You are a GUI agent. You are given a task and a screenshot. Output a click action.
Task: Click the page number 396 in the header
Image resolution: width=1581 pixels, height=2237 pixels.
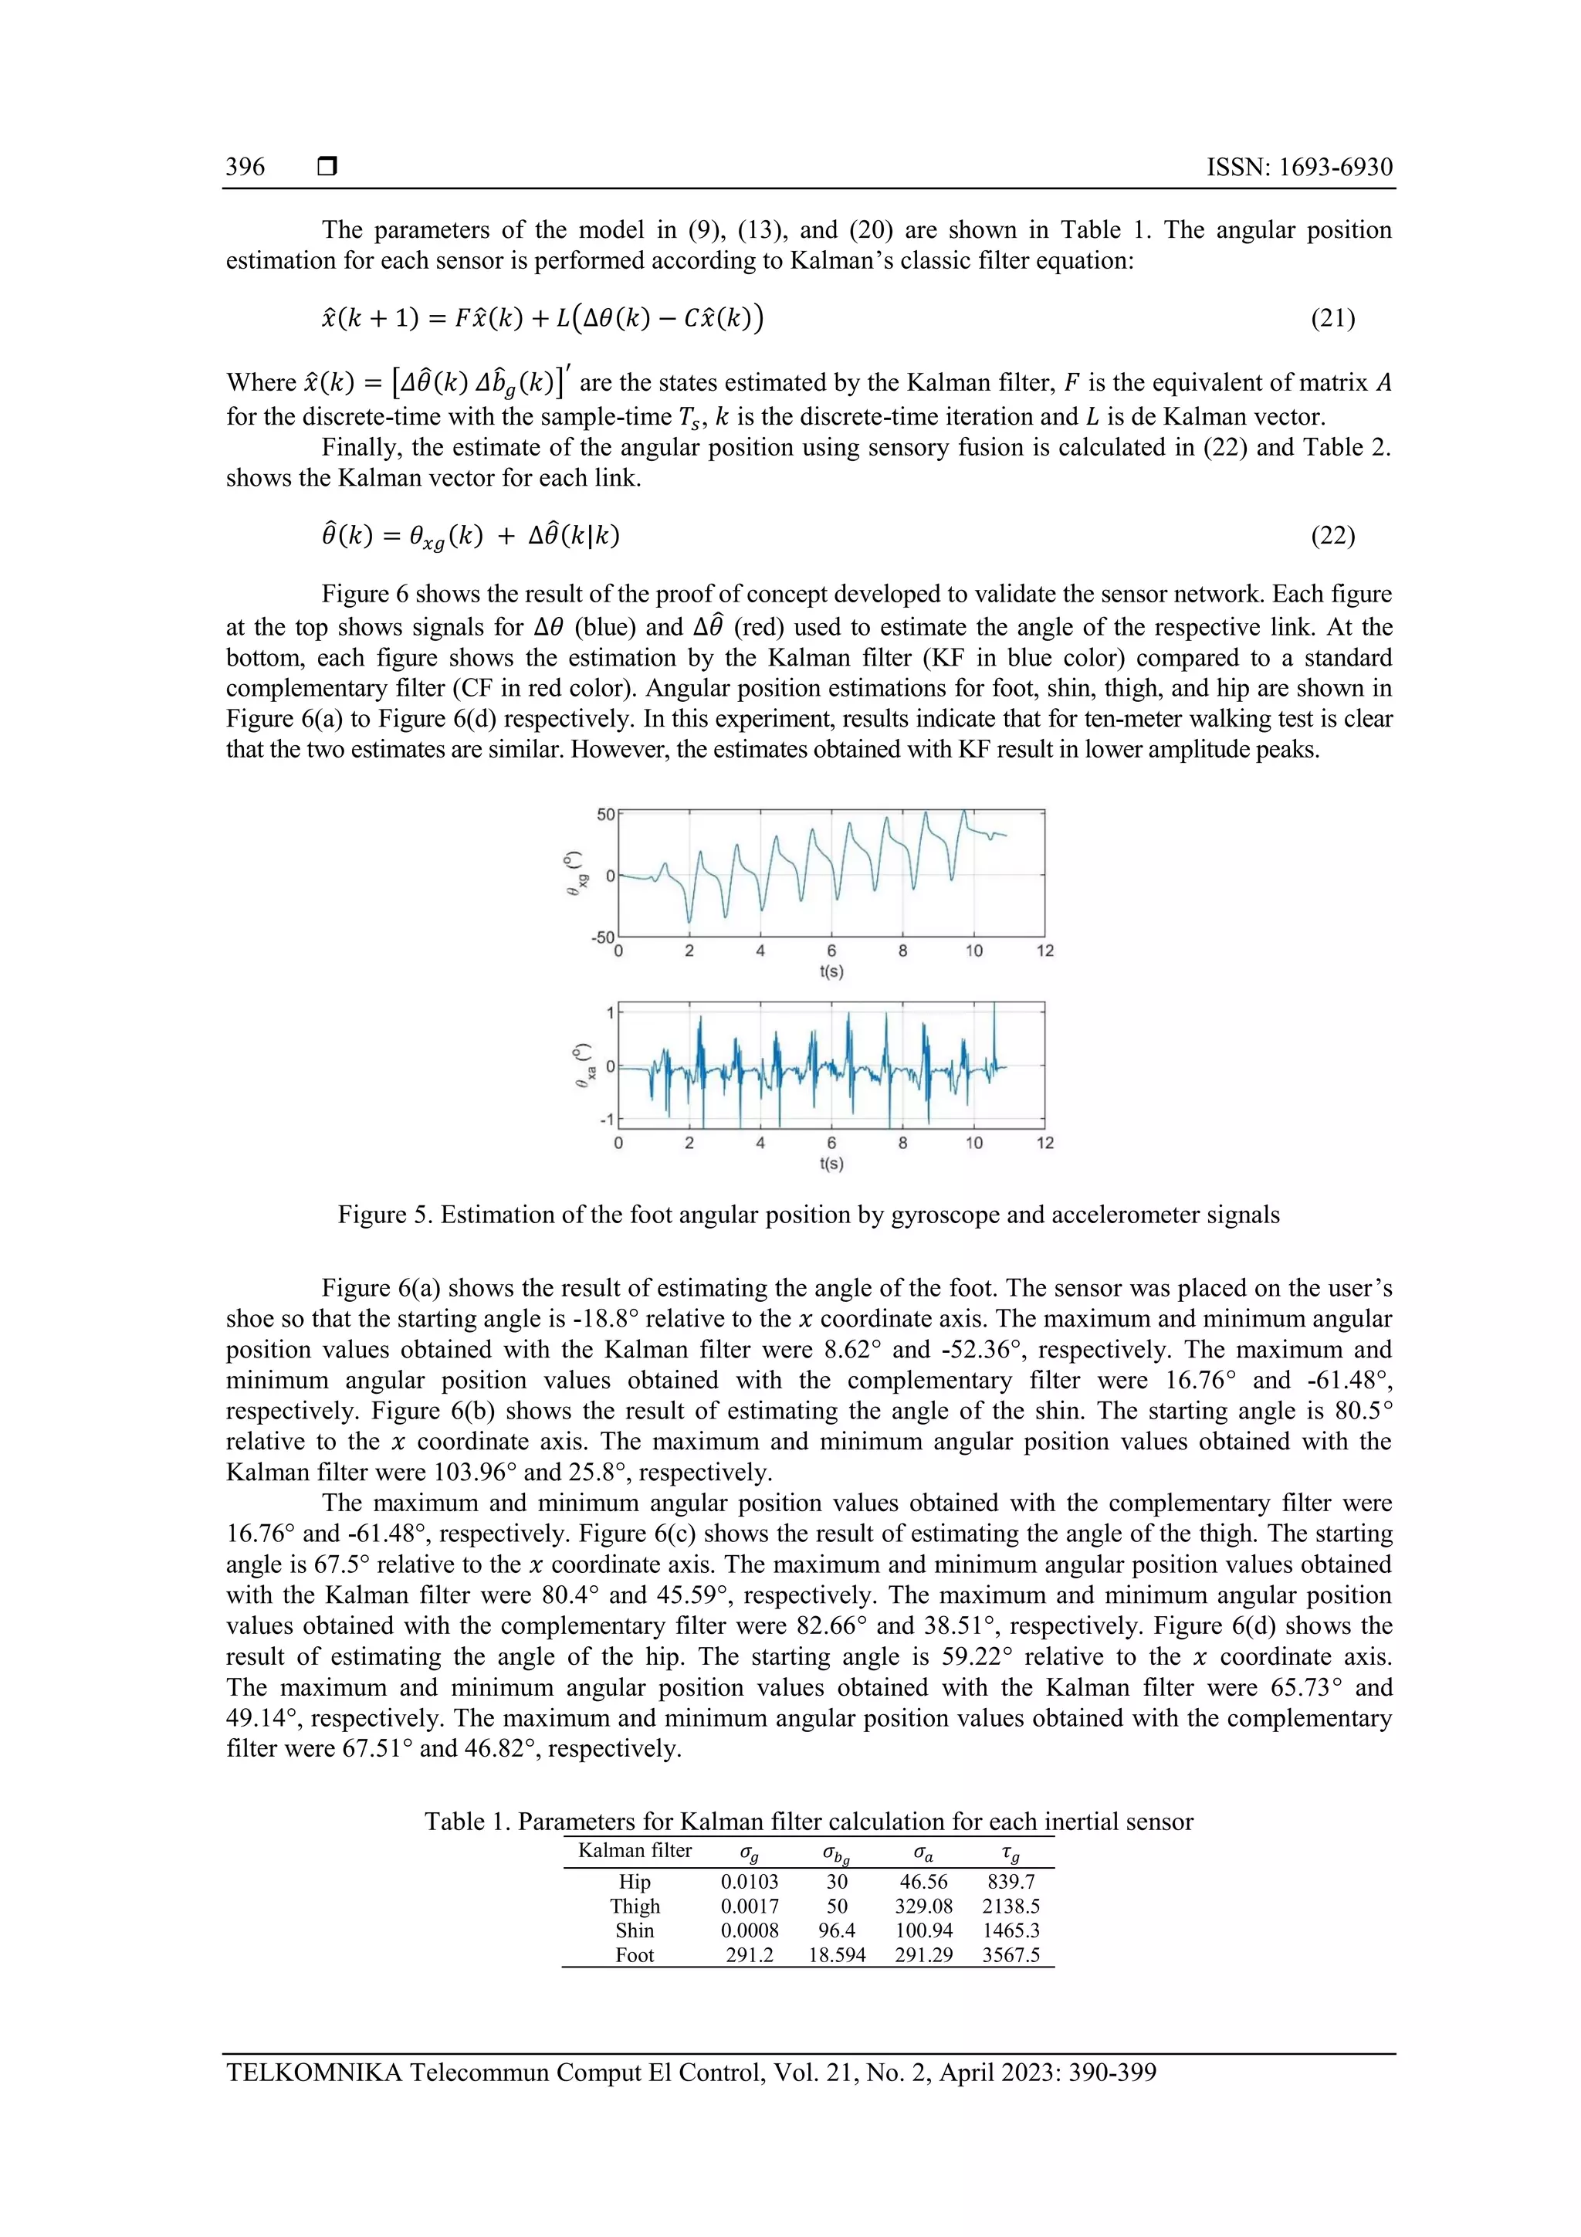coord(245,167)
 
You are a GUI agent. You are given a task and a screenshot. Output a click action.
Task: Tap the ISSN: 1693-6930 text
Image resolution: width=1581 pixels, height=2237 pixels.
coord(1298,167)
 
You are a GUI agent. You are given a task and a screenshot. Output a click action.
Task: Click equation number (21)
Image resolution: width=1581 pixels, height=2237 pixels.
coord(1332,319)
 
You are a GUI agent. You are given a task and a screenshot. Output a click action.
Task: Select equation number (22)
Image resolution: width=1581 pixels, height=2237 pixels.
coord(1332,535)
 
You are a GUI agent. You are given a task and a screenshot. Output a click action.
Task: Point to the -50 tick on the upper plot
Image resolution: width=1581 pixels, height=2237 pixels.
coord(602,937)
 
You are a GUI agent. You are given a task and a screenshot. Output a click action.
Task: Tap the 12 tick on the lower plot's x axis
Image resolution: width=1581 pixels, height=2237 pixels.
coord(1044,1143)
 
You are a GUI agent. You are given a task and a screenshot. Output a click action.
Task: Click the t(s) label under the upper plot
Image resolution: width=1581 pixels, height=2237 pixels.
coord(831,971)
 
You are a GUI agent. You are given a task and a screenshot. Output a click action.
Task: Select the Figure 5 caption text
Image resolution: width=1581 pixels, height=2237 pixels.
coord(807,1215)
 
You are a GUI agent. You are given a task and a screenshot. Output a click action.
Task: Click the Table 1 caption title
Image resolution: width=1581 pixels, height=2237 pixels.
coord(807,1822)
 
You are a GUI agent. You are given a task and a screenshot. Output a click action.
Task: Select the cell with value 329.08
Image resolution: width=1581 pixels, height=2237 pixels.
coord(923,1906)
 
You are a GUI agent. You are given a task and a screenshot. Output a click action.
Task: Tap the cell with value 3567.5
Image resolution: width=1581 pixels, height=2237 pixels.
coord(1011,1954)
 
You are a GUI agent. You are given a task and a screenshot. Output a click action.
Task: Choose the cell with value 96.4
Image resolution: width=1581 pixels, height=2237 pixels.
coord(836,1930)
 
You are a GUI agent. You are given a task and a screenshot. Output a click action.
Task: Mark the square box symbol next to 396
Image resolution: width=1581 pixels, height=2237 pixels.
coord(327,167)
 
